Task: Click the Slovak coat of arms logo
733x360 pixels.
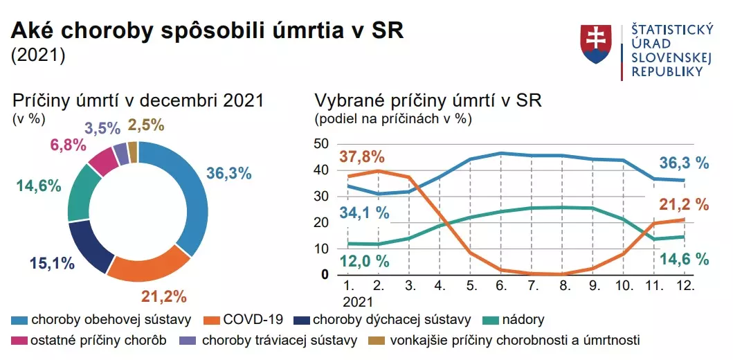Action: [x=597, y=45]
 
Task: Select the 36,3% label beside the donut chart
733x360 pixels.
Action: [x=228, y=174]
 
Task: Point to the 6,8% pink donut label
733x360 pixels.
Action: [x=68, y=145]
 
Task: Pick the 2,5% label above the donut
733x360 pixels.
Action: [x=146, y=125]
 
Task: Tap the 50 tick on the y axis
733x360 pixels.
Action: [x=321, y=143]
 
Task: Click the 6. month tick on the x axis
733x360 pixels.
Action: [x=501, y=285]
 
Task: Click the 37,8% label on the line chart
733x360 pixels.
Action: [x=361, y=157]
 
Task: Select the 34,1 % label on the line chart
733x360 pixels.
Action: [x=364, y=212]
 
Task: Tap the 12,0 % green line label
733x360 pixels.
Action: [x=364, y=262]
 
